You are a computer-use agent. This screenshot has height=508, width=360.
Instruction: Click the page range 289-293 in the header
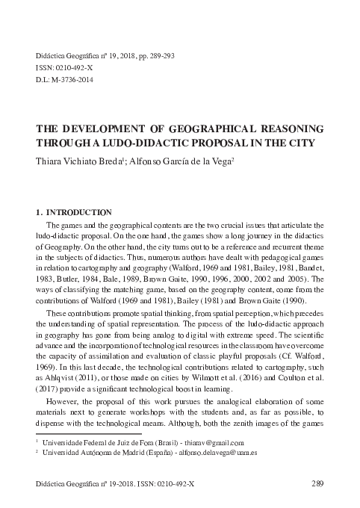click(159, 56)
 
